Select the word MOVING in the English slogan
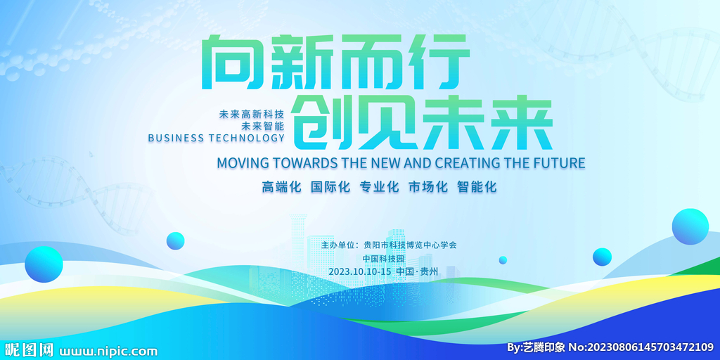(x=238, y=162)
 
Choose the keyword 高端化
(x=281, y=187)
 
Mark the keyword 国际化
(x=330, y=187)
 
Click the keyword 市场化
(x=428, y=187)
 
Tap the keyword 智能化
(x=477, y=187)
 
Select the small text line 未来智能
(x=266, y=125)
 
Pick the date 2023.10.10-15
(x=360, y=271)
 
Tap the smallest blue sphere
(x=503, y=260)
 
